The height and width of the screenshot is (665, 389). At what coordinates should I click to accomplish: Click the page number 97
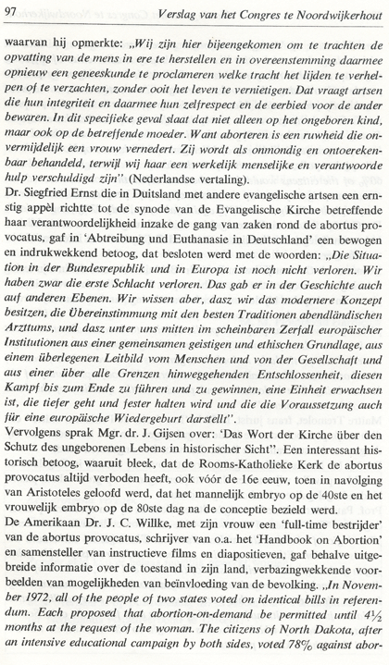tap(14, 10)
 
